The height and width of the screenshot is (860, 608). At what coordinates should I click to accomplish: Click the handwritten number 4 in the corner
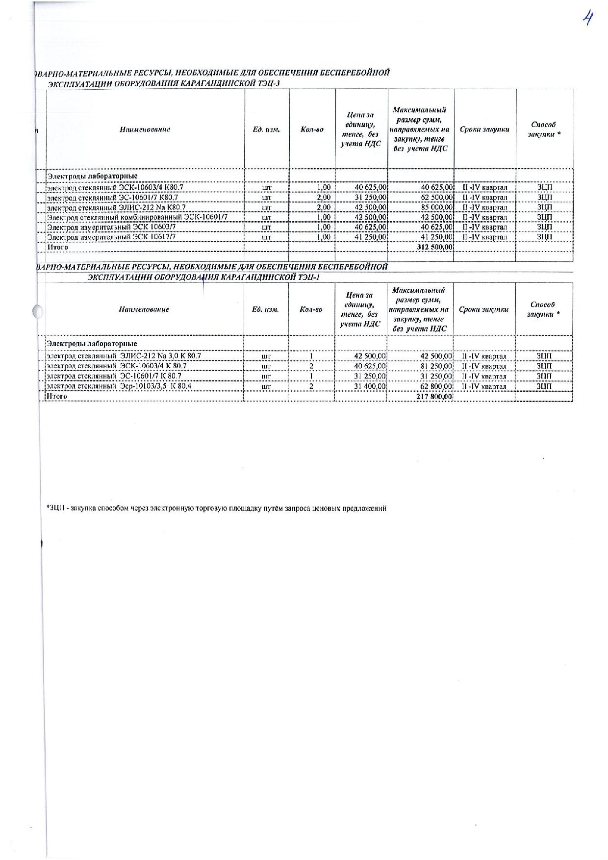[x=587, y=21]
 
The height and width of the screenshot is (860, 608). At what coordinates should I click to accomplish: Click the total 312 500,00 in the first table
[x=434, y=247]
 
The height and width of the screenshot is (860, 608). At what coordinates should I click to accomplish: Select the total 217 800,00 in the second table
[x=434, y=396]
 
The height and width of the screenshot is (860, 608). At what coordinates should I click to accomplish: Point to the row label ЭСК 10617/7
[x=111, y=237]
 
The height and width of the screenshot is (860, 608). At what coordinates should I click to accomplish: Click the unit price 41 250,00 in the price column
[x=370, y=237]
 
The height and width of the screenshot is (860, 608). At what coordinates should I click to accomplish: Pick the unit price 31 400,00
[x=370, y=386]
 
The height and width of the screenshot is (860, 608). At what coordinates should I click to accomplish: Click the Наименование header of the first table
[x=145, y=130]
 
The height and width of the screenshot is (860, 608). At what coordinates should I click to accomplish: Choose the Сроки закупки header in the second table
[x=483, y=309]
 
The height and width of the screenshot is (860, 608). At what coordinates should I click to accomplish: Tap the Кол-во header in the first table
[x=312, y=130]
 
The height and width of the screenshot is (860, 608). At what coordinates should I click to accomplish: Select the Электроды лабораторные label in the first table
[x=92, y=176]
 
